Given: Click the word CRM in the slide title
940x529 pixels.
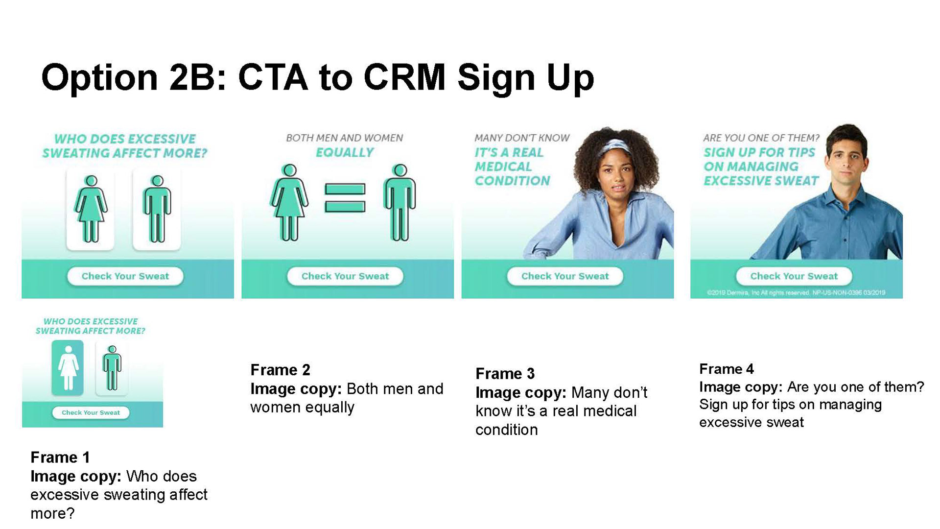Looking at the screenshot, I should (404, 77).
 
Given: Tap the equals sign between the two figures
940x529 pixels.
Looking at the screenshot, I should (345, 198).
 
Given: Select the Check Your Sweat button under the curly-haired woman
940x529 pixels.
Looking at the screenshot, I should (565, 276).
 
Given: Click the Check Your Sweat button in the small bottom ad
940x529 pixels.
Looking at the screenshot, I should (91, 412).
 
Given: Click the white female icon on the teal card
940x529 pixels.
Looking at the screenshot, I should (68, 367).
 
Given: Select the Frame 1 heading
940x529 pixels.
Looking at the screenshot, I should (60, 457).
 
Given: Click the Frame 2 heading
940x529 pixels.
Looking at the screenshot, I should (280, 370).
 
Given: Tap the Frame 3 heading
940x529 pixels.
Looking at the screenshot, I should (505, 374).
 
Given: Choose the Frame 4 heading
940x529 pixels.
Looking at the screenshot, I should (727, 369).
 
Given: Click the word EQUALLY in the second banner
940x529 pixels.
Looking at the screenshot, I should (345, 153).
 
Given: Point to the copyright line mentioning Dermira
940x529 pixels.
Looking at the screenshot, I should (796, 293).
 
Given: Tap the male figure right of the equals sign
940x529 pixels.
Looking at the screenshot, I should (400, 202).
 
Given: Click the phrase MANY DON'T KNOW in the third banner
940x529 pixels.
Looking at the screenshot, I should (522, 138).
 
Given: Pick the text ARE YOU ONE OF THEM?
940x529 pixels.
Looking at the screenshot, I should (761, 138).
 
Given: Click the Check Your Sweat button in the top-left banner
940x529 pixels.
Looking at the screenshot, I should (125, 276).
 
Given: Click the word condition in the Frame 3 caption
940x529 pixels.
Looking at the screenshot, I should (507, 430).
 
